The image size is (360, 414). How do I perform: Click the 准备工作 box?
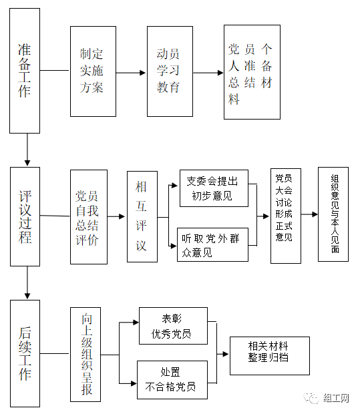(x=25, y=71)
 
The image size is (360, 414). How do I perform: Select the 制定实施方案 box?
(x=93, y=71)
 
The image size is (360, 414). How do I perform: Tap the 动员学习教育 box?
(x=170, y=71)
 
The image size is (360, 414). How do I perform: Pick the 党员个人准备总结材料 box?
(x=252, y=72)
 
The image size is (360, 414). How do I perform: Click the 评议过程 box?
(x=25, y=216)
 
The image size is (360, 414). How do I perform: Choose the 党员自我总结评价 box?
(x=89, y=217)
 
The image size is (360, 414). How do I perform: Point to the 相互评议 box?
(x=142, y=216)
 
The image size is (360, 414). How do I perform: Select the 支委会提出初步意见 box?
(x=214, y=188)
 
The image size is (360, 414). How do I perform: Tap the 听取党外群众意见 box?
(x=212, y=245)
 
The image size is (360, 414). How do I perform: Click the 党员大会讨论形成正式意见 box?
(x=286, y=216)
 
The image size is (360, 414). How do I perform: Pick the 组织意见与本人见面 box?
(x=333, y=214)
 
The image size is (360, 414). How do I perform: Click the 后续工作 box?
(x=25, y=353)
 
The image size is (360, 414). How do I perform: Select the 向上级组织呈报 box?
(x=85, y=355)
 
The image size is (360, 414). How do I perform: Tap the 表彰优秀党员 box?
(x=173, y=326)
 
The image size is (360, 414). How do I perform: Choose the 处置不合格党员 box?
(x=172, y=380)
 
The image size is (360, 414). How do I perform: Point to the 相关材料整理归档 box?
(x=270, y=356)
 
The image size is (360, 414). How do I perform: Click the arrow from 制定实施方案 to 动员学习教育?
(x=131, y=73)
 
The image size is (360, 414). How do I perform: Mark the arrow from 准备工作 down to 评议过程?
(x=27, y=150)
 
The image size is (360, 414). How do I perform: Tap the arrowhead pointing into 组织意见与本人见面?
(x=315, y=214)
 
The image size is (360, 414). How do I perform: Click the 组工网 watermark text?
(x=336, y=398)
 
